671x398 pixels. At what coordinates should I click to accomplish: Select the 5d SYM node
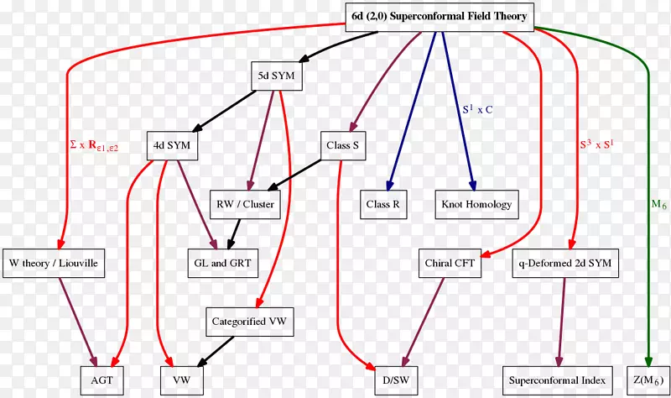click(276, 76)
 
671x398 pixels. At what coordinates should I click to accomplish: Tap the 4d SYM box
click(172, 145)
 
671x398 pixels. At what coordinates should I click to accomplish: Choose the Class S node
click(342, 145)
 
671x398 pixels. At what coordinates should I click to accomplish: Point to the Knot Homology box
click(476, 204)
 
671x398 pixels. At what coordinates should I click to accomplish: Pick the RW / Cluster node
click(246, 204)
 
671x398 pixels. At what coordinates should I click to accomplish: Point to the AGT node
click(101, 380)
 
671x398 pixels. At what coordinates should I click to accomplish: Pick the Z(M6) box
click(648, 380)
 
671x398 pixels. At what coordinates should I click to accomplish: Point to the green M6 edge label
click(659, 204)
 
